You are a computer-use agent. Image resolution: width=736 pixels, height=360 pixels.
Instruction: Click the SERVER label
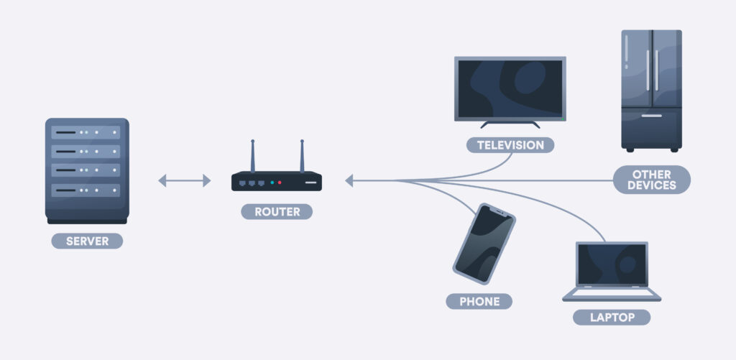pyautogui.click(x=87, y=241)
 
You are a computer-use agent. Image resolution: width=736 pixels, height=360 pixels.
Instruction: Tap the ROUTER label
pyautogui.click(x=277, y=212)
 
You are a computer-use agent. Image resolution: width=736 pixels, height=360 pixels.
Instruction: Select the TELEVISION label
pyautogui.click(x=510, y=145)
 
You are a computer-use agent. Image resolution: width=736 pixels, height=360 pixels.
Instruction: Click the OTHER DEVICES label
pyautogui.click(x=651, y=180)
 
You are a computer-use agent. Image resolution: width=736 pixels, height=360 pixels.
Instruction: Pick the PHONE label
pyautogui.click(x=479, y=301)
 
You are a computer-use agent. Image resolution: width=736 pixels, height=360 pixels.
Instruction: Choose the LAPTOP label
pyautogui.click(x=612, y=318)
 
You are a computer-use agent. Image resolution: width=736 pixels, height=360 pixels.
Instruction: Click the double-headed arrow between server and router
pyautogui.click(x=185, y=180)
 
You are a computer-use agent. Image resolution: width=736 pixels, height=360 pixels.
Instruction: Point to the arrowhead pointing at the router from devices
pyautogui.click(x=349, y=180)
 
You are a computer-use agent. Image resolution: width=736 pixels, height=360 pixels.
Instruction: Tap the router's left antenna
pyautogui.click(x=252, y=156)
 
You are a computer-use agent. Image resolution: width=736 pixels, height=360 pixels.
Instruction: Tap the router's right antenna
pyautogui.click(x=302, y=156)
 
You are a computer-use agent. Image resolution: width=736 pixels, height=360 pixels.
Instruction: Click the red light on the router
pyautogui.click(x=280, y=183)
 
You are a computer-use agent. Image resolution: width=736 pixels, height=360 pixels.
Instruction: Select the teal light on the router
pyautogui.click(x=272, y=183)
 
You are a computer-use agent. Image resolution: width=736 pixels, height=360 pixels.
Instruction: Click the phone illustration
pyautogui.click(x=484, y=244)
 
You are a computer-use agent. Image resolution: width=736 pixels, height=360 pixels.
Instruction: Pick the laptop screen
pyautogui.click(x=612, y=264)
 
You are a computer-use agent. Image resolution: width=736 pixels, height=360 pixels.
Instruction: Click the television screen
pyautogui.click(x=510, y=89)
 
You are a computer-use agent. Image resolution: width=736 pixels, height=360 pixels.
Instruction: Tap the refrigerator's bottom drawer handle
pyautogui.click(x=651, y=116)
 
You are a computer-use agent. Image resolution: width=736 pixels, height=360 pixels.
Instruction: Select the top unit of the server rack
pyautogui.click(x=86, y=132)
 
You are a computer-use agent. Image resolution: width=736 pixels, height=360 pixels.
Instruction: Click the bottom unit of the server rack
pyautogui.click(x=86, y=190)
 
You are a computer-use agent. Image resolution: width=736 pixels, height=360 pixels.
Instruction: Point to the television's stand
pyautogui.click(x=510, y=124)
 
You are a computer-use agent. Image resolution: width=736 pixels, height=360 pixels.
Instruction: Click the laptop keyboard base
pyautogui.click(x=612, y=295)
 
